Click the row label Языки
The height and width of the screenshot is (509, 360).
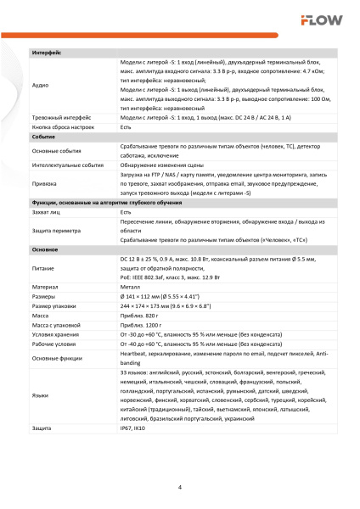click(41, 395)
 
